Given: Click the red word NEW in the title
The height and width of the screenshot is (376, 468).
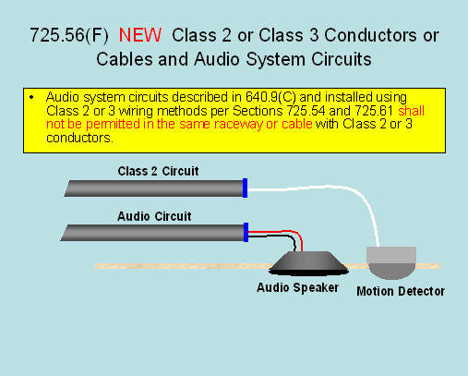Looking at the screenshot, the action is (x=140, y=35).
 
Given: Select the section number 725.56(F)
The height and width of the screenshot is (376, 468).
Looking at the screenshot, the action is (x=69, y=35).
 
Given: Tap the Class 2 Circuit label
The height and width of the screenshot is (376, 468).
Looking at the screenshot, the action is (x=158, y=171).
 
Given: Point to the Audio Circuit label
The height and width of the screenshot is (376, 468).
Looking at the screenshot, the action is (x=154, y=216).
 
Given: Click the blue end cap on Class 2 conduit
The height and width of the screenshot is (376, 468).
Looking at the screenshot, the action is (x=245, y=188).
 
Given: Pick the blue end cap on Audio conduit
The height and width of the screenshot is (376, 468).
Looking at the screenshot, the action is (x=246, y=232).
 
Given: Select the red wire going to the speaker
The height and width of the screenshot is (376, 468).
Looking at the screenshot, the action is (x=286, y=231).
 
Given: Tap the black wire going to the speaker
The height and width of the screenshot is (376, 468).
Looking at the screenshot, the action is (x=279, y=236).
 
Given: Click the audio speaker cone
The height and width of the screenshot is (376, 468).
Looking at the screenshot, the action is (x=308, y=263).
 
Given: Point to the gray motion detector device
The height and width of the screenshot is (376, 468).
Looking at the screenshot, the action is (x=391, y=262).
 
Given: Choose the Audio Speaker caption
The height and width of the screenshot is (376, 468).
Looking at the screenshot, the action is (x=297, y=288).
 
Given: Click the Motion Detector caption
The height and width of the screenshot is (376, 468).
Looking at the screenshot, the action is (x=401, y=291).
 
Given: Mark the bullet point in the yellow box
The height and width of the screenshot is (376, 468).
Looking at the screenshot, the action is (x=31, y=98).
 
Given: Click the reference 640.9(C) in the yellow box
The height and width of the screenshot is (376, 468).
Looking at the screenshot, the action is (x=270, y=97).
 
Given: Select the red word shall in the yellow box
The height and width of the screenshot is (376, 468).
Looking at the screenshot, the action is (x=411, y=111).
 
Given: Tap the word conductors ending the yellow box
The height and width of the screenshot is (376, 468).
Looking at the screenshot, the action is (x=80, y=138).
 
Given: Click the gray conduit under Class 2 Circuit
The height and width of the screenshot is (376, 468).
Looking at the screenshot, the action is (x=154, y=188).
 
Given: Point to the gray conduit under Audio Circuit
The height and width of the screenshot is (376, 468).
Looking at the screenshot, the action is (x=152, y=233).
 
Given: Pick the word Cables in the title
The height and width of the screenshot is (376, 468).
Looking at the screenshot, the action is (x=125, y=59).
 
